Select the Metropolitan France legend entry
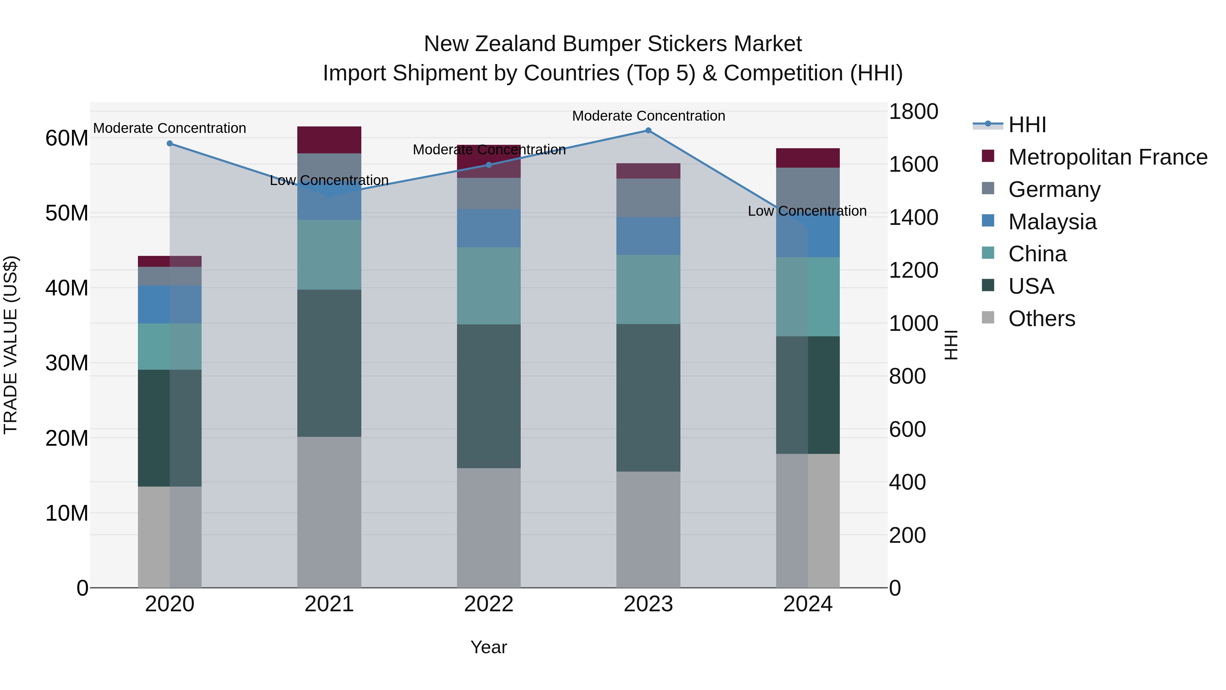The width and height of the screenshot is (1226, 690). click(x=1107, y=157)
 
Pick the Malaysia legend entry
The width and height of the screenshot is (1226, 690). click(x=1052, y=222)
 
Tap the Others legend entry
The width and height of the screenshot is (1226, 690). click(x=1041, y=319)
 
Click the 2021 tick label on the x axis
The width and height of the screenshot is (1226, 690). click(x=329, y=604)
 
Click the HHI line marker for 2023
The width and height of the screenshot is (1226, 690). click(x=648, y=131)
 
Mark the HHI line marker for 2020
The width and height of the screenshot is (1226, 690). click(x=170, y=143)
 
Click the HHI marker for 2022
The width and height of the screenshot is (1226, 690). click(x=489, y=165)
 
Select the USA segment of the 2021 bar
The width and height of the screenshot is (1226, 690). click(x=329, y=363)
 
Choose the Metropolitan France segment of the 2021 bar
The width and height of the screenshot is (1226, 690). click(x=329, y=140)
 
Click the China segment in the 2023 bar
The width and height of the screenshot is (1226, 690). click(x=648, y=290)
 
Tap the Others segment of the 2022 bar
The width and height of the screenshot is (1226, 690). click(x=489, y=527)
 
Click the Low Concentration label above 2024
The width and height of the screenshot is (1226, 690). click(x=807, y=211)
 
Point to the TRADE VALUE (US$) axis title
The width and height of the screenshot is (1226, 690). click(x=11, y=345)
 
